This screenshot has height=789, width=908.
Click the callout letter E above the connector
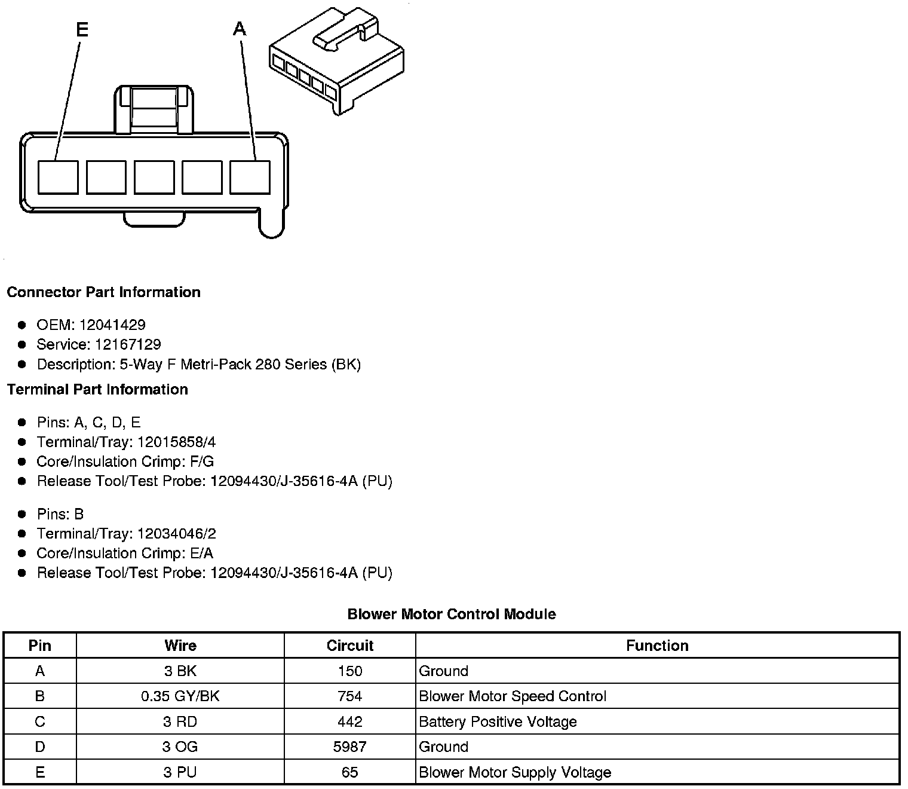82,30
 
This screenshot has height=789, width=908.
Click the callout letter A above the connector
240,29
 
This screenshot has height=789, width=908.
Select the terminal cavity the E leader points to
58,177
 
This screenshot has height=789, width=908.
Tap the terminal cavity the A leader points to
250,177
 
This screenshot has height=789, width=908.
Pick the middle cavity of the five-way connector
154,177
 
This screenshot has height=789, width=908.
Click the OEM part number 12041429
112,325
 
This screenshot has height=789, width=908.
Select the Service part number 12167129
128,345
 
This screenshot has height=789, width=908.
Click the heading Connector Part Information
103,292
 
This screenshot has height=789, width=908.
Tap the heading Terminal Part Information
97,390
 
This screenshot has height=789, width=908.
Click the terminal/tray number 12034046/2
176,534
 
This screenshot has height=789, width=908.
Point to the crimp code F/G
201,462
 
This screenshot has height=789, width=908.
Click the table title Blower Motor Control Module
452,614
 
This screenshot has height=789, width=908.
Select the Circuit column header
349,646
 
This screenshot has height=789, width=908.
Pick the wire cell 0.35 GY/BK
180,697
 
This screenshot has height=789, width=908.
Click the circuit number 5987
349,747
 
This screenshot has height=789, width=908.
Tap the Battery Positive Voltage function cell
498,722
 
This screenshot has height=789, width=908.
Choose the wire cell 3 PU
180,773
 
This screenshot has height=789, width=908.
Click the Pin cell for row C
40,722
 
